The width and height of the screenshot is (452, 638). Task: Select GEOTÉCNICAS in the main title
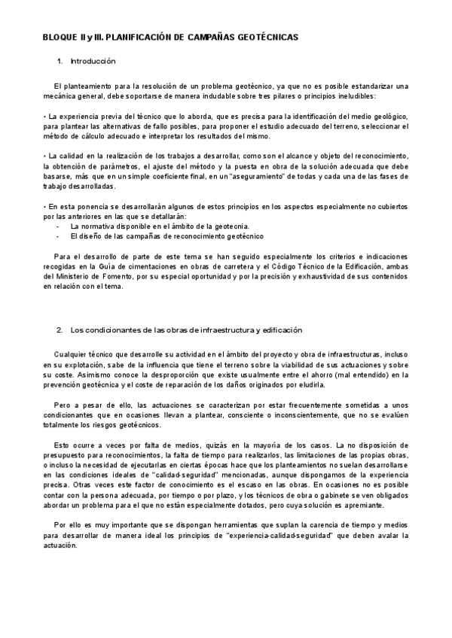point(268,36)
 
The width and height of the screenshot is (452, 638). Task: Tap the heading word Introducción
point(93,61)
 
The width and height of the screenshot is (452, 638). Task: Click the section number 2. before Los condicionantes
point(60,330)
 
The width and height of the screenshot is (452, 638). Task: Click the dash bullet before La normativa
point(59,226)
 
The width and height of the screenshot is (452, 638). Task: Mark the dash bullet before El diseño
point(59,236)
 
